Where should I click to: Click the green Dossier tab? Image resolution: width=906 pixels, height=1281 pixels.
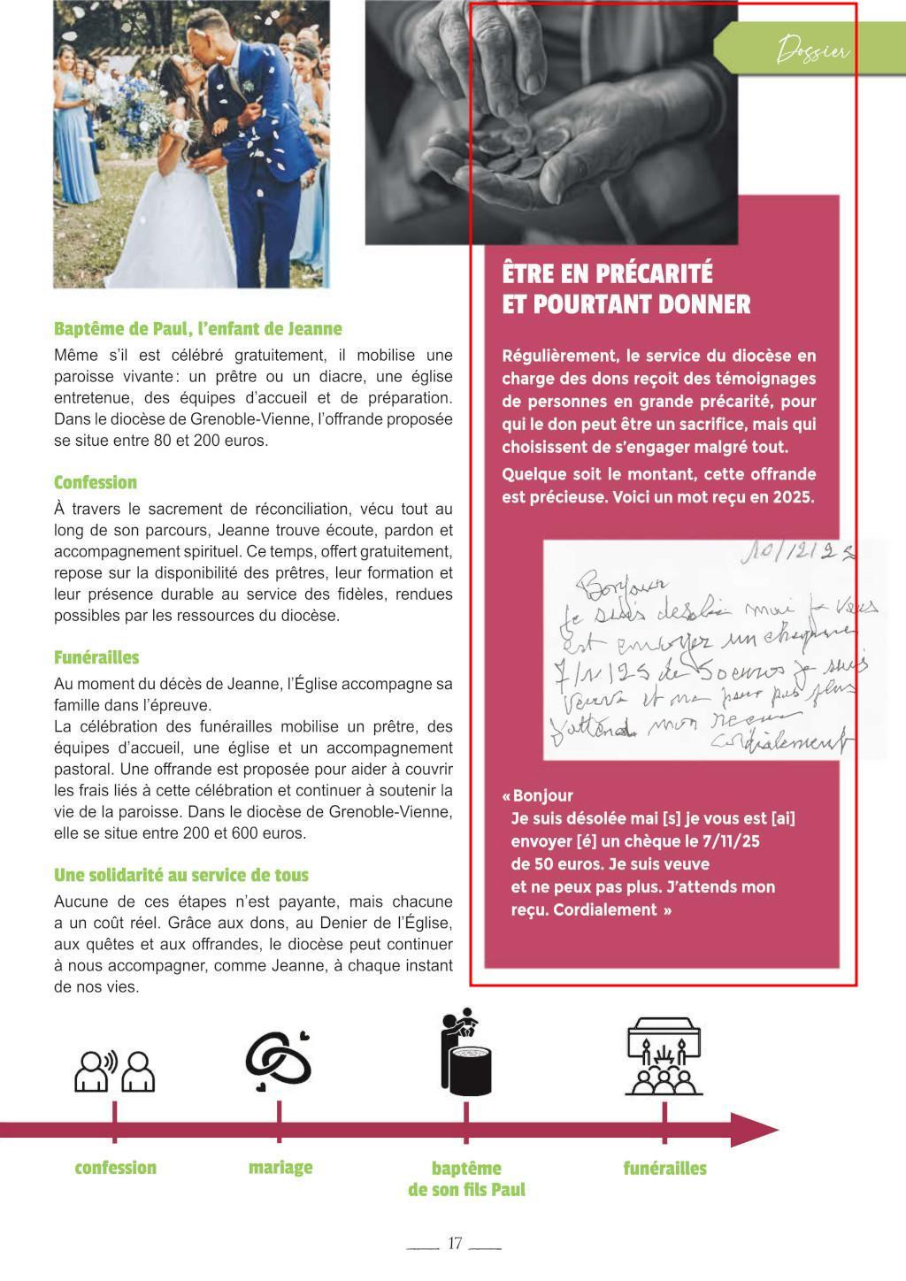tap(810, 51)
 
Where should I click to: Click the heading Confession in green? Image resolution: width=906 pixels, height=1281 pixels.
tap(96, 483)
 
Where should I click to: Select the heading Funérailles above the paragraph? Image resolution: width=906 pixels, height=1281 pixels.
tap(96, 658)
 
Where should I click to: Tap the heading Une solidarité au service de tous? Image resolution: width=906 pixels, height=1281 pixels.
tap(181, 876)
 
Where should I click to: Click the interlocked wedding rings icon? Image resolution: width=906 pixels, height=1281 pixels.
tap(279, 1059)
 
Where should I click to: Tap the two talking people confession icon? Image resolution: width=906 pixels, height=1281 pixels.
tap(114, 1071)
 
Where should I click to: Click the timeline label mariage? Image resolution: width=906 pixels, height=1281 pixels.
tap(280, 1168)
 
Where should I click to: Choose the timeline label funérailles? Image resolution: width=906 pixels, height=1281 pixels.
tap(664, 1169)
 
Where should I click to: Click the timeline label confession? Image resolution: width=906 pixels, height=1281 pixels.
tap(115, 1169)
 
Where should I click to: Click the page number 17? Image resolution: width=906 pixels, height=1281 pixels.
tap(455, 1243)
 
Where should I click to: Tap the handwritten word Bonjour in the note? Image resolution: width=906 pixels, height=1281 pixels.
tap(623, 585)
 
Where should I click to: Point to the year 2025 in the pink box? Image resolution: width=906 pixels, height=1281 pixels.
tap(793, 497)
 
